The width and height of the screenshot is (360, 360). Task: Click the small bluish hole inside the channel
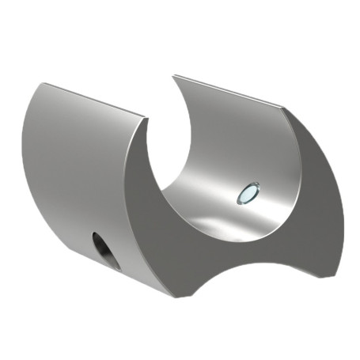pyautogui.click(x=248, y=192)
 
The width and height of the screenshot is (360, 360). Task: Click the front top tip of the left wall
pyautogui.click(x=146, y=119)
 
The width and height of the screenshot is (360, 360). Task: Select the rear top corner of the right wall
pyautogui.click(x=175, y=76)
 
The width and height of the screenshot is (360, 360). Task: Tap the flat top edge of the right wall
pyautogui.click(x=229, y=92)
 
